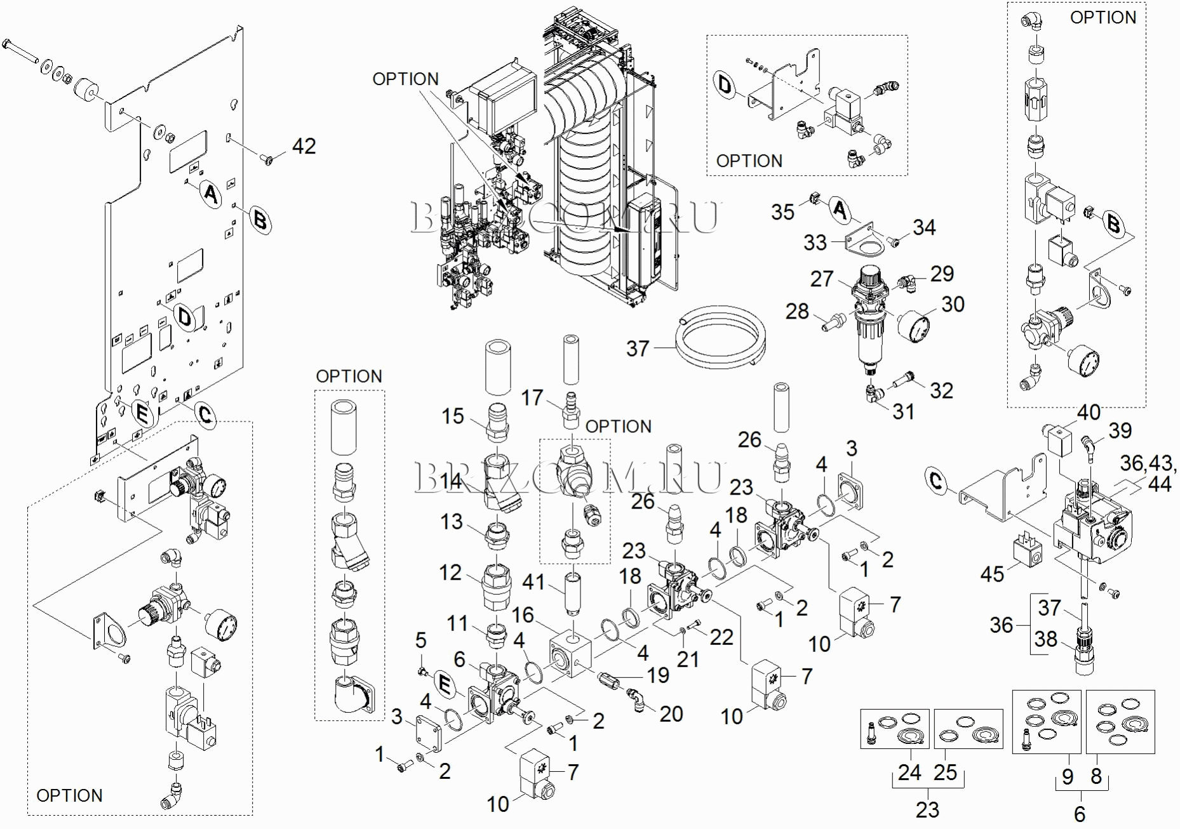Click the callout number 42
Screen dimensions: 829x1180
304,147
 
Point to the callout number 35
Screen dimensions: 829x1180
782,212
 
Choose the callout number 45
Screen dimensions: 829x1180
992,574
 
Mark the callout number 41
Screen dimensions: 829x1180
533,581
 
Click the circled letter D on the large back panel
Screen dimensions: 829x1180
185,317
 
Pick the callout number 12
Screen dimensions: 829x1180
450,573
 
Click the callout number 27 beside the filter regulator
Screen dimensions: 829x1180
822,279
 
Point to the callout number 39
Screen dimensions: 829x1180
1120,430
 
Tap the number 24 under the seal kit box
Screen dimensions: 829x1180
909,773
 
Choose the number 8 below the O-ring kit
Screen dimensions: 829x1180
1096,776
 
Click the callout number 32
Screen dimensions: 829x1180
941,390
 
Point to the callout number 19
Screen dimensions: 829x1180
658,675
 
